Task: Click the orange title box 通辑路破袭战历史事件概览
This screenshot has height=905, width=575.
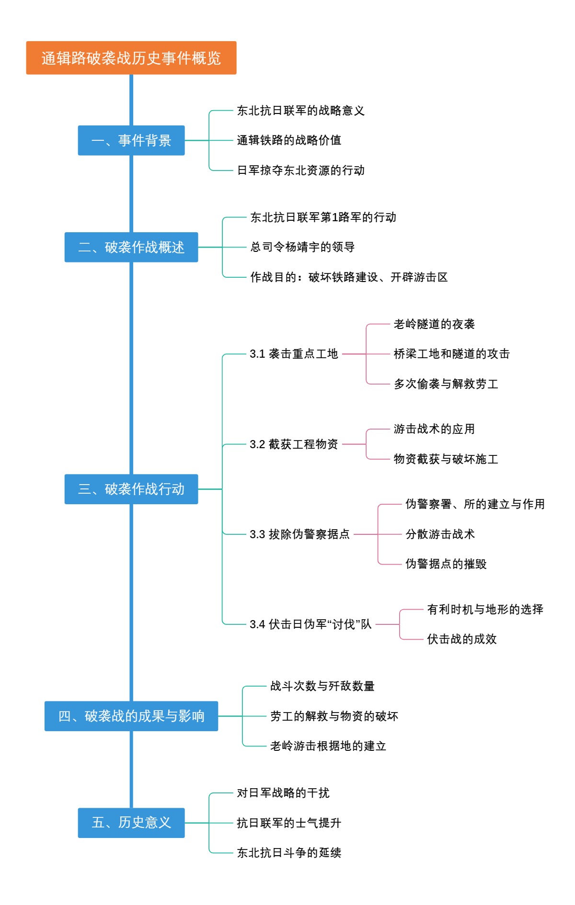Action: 131,58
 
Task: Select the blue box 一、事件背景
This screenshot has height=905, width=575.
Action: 131,140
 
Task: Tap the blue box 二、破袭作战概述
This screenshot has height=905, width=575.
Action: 131,247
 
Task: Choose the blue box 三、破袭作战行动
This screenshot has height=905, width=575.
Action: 131,489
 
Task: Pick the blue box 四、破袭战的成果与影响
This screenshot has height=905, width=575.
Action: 131,716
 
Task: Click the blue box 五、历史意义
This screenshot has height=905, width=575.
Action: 131,823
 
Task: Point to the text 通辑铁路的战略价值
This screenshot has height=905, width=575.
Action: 289,140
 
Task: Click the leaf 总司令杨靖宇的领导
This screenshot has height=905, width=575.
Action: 302,247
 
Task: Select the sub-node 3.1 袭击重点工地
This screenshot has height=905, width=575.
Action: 294,354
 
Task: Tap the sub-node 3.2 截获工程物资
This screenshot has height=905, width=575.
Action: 294,444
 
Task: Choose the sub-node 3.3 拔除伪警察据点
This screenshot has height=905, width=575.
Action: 299,534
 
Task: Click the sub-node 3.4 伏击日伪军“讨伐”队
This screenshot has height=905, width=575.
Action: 310,624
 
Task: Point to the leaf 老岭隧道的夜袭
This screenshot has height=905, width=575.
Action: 434,324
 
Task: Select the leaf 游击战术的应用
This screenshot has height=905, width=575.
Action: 434,429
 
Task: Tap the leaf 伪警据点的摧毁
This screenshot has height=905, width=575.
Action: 446,564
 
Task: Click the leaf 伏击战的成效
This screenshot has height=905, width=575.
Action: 461,639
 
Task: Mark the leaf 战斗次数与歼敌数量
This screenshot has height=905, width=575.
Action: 322,686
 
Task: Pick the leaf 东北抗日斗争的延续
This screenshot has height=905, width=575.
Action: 289,853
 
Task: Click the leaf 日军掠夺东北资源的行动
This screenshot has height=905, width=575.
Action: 301,170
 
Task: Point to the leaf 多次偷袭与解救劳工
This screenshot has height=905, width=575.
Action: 446,384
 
